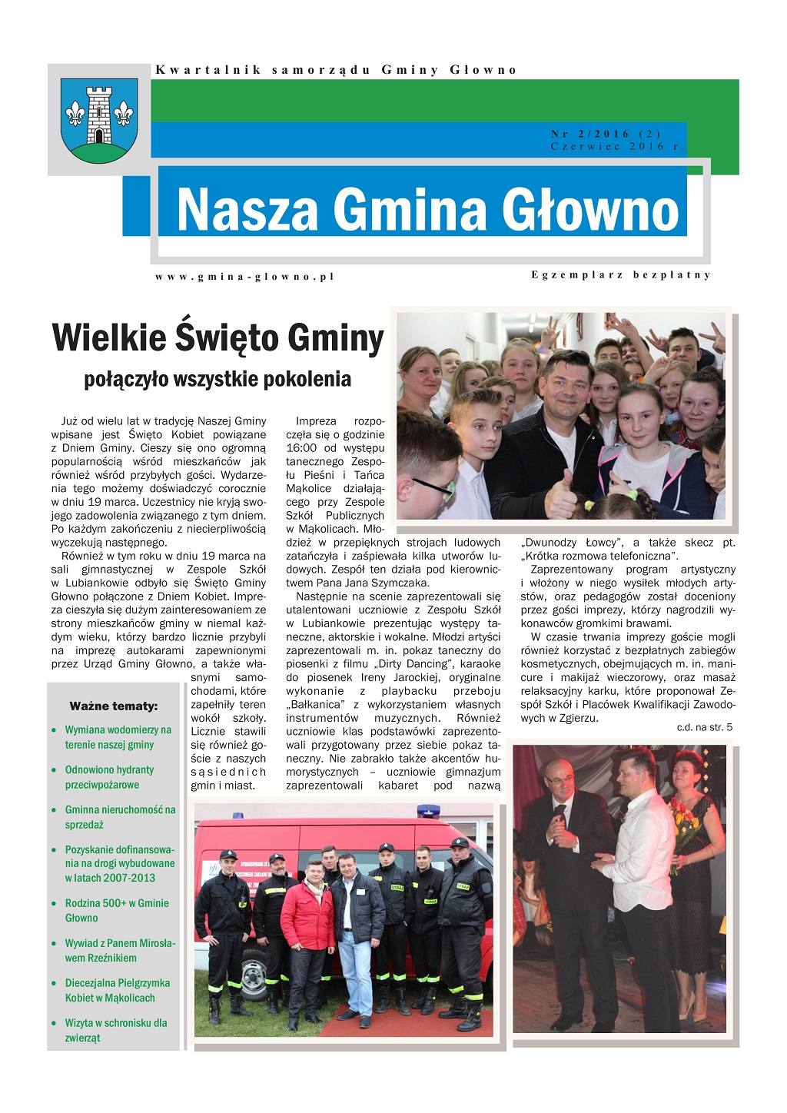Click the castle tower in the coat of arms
pyautogui.click(x=99, y=114)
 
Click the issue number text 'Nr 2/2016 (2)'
pyautogui.click(x=606, y=134)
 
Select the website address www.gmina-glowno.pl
pyautogui.click(x=245, y=277)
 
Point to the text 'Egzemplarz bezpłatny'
pyautogui.click(x=621, y=274)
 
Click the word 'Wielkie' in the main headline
pyautogui.click(x=109, y=337)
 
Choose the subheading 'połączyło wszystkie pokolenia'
pyautogui.click(x=218, y=379)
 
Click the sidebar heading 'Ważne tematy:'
pyautogui.click(x=113, y=706)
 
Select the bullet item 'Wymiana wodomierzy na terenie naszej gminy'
pyautogui.click(x=118, y=737)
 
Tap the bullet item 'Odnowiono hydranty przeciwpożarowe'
pyautogui.click(x=109, y=777)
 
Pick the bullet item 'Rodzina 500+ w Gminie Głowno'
pyautogui.click(x=116, y=910)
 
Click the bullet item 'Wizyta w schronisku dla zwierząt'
pyautogui.click(x=115, y=1030)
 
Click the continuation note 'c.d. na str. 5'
pyautogui.click(x=704, y=726)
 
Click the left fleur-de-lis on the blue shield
pyautogui.click(x=75, y=113)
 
